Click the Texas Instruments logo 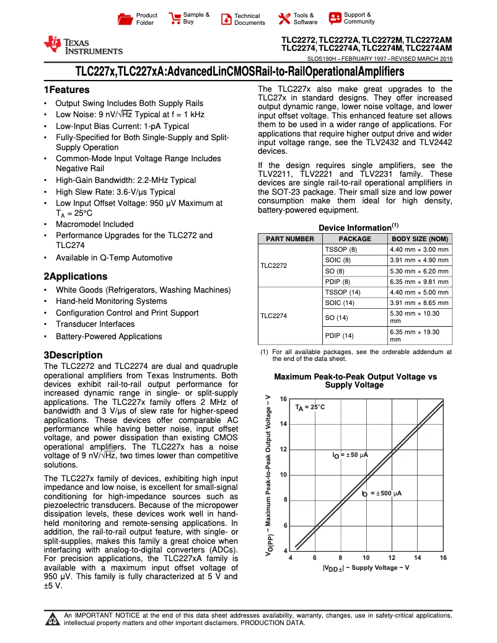click(x=82, y=45)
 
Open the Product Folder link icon click(x=126, y=19)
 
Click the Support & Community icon click(x=335, y=18)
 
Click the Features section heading click(x=66, y=90)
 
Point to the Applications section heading click(x=75, y=277)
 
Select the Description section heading click(x=73, y=355)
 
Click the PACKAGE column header click(x=354, y=239)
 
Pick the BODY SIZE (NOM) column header click(x=420, y=239)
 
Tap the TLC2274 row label click(x=274, y=316)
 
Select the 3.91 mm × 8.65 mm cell click(x=419, y=303)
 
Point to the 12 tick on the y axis click(x=284, y=450)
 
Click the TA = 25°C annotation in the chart click(x=310, y=407)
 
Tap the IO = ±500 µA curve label click(x=382, y=494)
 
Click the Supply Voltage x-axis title click(x=366, y=569)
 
